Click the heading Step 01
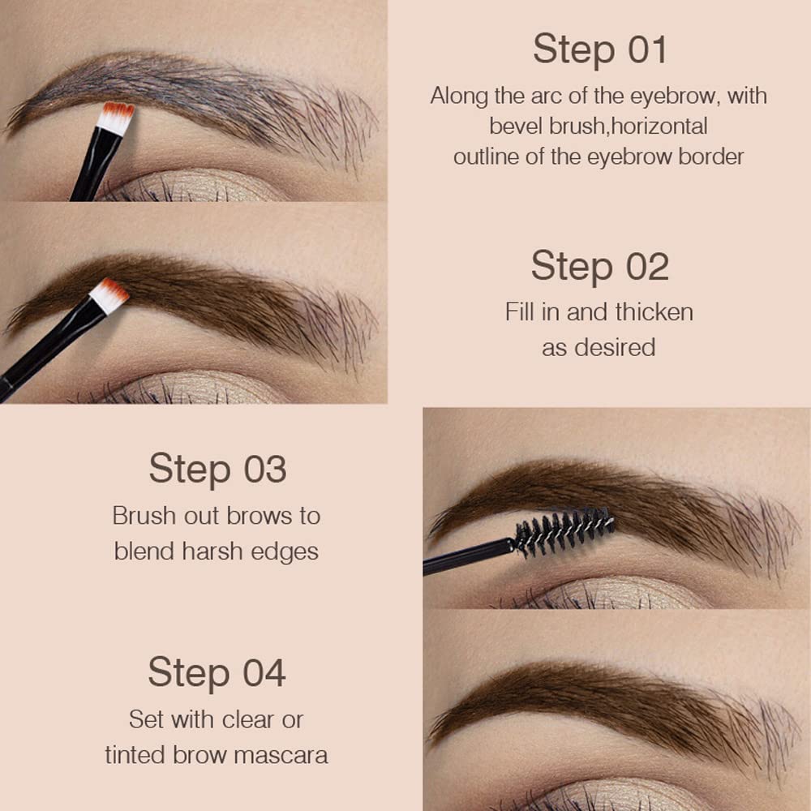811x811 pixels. point(599,50)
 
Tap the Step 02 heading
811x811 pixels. point(599,266)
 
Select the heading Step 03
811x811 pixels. point(217,469)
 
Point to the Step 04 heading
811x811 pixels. point(217,673)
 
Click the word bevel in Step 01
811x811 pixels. point(513,127)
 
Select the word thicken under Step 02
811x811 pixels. point(654,311)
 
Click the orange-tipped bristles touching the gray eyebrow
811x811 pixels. point(116,118)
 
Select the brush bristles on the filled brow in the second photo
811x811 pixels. point(109,294)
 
